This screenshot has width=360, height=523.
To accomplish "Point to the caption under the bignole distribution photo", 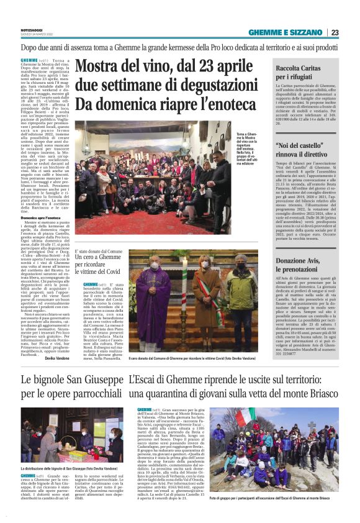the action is (x=72, y=466).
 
